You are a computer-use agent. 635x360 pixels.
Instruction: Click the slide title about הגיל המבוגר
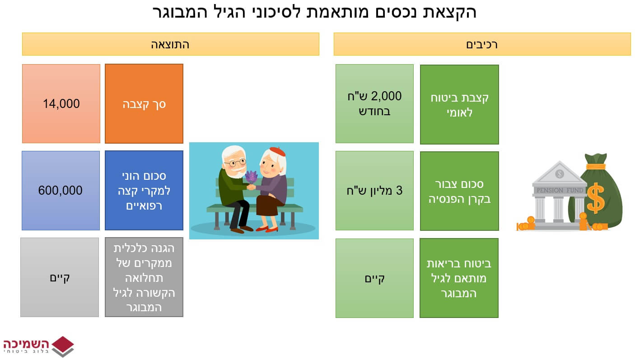pyautogui.click(x=315, y=13)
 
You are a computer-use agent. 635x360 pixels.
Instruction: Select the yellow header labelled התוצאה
pyautogui.click(x=171, y=44)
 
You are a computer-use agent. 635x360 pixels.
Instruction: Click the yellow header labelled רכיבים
pyautogui.click(x=482, y=44)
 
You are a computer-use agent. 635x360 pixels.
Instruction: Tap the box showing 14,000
pyautogui.click(x=61, y=104)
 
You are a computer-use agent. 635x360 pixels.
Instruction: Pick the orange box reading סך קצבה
pyautogui.click(x=144, y=104)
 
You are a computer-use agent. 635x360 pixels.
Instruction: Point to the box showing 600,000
pyautogui.click(x=61, y=191)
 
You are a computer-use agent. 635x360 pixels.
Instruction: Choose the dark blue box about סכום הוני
pyautogui.click(x=144, y=191)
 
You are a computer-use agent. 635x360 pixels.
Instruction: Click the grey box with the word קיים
pyautogui.click(x=60, y=277)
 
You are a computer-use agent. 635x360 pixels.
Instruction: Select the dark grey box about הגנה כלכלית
pyautogui.click(x=144, y=277)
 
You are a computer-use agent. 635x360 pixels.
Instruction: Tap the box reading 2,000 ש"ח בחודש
pyautogui.click(x=374, y=104)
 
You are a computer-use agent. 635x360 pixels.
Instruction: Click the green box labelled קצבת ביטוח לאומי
pyautogui.click(x=459, y=105)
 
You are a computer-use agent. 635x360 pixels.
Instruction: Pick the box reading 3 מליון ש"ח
pyautogui.click(x=374, y=191)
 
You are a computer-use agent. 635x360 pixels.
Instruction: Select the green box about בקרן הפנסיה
pyautogui.click(x=459, y=191)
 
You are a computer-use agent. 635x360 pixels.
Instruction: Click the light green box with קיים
pyautogui.click(x=374, y=278)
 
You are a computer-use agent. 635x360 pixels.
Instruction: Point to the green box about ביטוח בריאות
pyautogui.click(x=459, y=278)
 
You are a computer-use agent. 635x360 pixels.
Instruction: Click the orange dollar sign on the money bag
pyautogui.click(x=595, y=198)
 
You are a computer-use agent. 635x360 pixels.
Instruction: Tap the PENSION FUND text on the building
pyautogui.click(x=560, y=190)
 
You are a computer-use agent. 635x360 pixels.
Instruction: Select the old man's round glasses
pyautogui.click(x=235, y=163)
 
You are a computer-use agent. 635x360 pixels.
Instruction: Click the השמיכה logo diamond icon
pyautogui.click(x=63, y=346)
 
